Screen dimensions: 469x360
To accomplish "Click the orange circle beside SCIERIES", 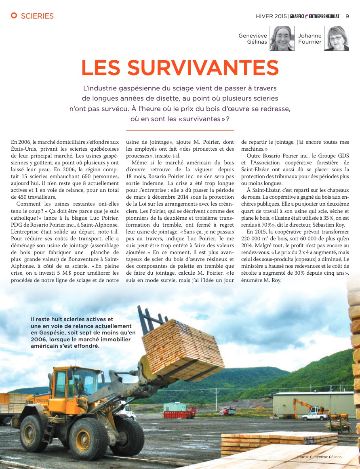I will pos(14,16).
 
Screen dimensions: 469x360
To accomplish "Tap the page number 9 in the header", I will pos(347,17).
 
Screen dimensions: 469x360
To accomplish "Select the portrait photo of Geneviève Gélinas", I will pos(282,39).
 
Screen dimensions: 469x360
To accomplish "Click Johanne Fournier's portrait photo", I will pos(337,39).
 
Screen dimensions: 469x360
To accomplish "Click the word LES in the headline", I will pos(101,68).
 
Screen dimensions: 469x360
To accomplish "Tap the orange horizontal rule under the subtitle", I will pos(180,130).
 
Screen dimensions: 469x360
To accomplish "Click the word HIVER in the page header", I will pos(265,17).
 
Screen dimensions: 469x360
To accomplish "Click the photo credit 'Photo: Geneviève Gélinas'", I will pos(319,457).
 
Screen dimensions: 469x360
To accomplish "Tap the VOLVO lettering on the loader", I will pos(42,400).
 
